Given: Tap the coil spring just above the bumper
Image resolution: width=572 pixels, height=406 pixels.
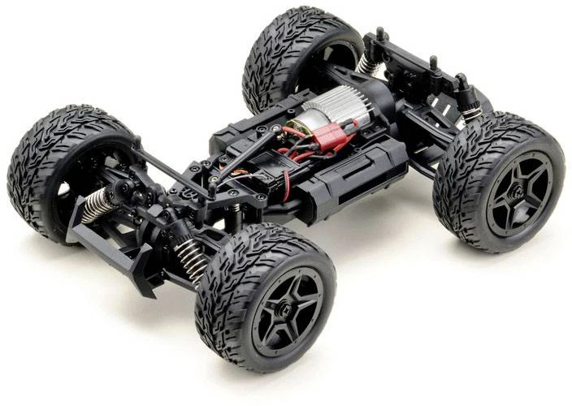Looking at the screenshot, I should pyautogui.click(x=97, y=205).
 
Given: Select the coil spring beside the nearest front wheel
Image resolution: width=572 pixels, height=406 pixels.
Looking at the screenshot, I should pyautogui.click(x=192, y=260).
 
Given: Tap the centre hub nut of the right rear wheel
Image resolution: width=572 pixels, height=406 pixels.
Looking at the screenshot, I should pyautogui.click(x=515, y=192).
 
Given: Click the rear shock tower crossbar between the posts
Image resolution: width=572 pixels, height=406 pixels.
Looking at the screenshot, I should pyautogui.click(x=406, y=57).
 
